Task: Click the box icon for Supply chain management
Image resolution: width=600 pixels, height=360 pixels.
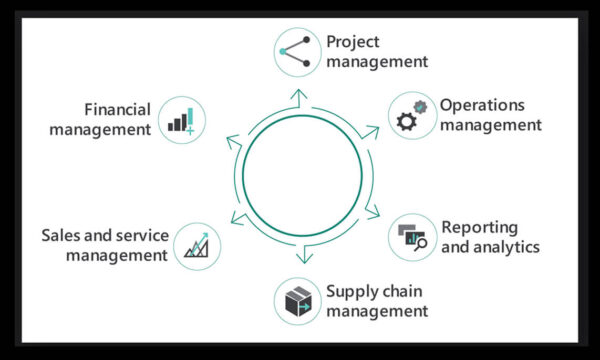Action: (298, 301)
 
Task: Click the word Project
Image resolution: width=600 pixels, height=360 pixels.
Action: (352, 42)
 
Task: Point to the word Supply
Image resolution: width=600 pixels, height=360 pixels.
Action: (351, 291)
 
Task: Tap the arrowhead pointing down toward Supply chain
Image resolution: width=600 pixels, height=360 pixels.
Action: (302, 257)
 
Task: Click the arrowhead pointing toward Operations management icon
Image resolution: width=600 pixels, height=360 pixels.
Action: (372, 130)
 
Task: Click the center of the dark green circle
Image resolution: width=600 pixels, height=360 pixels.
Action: (300, 175)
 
